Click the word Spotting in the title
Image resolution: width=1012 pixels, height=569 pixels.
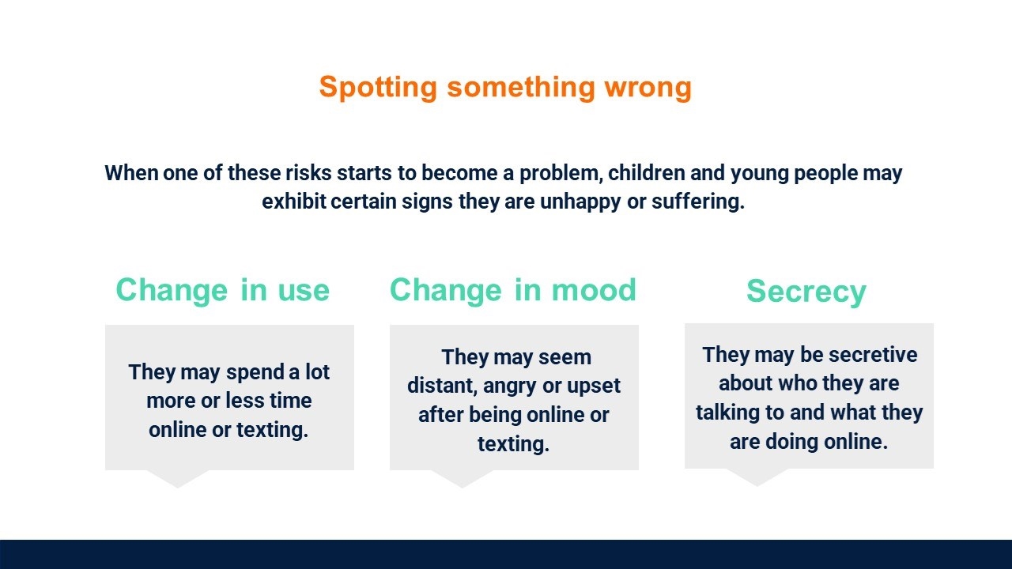(378, 87)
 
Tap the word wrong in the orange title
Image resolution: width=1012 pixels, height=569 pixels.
(648, 88)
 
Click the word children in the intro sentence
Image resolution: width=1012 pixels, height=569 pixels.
(647, 173)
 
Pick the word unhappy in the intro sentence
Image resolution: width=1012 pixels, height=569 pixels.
(580, 202)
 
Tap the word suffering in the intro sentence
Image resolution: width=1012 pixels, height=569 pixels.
(697, 202)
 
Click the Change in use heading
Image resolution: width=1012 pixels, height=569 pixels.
(223, 290)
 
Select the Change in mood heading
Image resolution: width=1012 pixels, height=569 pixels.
(513, 290)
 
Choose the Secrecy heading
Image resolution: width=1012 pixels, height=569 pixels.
(806, 292)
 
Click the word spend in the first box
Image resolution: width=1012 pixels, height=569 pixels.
(255, 372)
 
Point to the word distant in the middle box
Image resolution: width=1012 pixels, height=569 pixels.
(442, 386)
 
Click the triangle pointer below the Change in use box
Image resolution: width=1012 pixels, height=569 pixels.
(177, 478)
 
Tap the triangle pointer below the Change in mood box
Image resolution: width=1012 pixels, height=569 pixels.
(462, 478)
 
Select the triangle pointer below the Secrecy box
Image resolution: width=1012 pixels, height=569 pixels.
(757, 477)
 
